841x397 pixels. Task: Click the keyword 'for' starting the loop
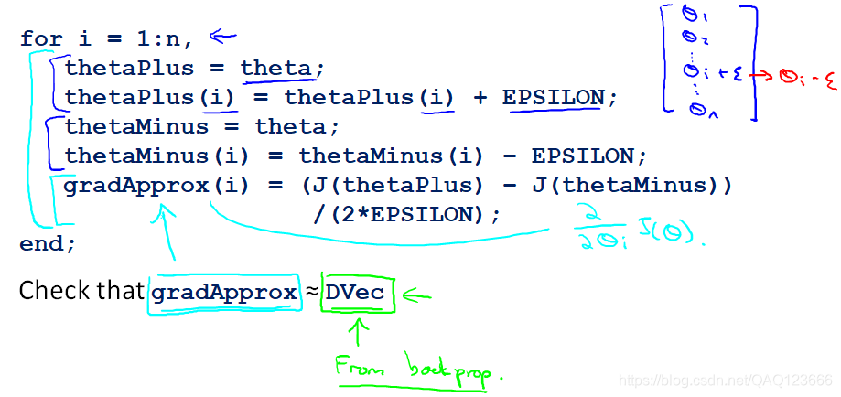coord(42,39)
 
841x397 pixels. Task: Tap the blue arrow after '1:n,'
coord(222,37)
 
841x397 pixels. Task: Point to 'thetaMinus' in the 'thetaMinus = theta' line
coord(137,126)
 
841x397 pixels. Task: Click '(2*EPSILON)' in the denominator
coord(406,214)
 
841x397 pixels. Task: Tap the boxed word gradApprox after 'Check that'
coord(223,293)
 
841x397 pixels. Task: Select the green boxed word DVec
coord(356,293)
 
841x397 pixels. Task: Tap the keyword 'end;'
coord(48,243)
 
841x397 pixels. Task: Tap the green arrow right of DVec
coord(415,295)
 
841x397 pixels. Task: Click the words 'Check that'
coord(81,293)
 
